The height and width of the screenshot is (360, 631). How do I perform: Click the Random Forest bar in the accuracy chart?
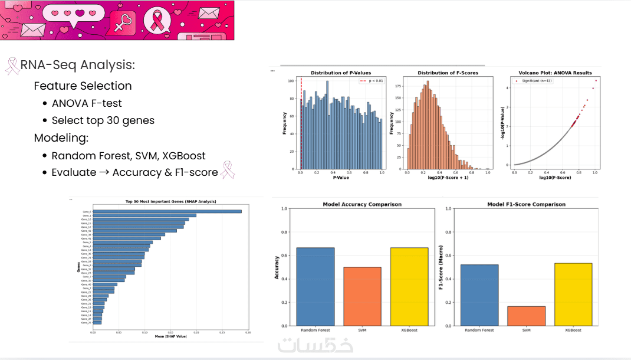coord(315,286)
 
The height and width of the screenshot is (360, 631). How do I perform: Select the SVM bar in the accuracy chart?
coord(362,296)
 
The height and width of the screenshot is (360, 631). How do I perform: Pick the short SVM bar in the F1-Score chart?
coord(526,316)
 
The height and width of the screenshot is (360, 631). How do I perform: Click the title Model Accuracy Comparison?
coord(362,204)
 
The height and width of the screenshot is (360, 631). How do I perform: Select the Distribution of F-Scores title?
coord(448,73)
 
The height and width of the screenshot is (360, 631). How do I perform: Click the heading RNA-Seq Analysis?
coord(77,65)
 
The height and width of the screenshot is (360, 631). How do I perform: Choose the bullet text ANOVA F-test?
coord(87,103)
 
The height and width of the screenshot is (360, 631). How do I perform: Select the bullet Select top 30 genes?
coord(103,120)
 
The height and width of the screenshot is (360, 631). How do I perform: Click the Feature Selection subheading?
coord(83,86)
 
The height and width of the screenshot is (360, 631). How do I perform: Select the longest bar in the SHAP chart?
coord(167,211)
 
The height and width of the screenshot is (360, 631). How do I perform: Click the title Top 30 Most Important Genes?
coord(170,202)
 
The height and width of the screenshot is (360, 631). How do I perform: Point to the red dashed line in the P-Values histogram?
coord(301,124)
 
